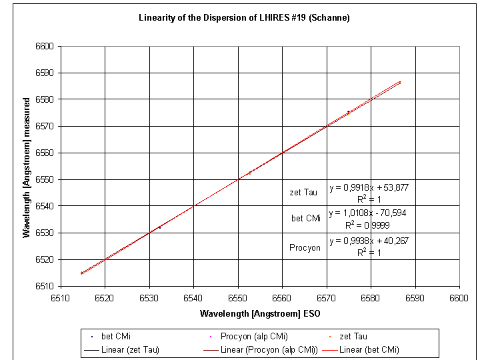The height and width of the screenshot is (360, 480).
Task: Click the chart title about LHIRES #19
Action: [x=244, y=17]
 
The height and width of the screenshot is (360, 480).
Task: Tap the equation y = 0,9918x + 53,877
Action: [x=369, y=187]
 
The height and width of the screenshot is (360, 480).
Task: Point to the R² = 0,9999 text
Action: [x=369, y=225]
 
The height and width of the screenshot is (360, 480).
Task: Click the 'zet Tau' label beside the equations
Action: [x=303, y=193]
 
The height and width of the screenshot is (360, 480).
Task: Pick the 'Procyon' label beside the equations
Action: [x=305, y=247]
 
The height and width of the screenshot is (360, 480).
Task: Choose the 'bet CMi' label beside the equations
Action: [x=306, y=218]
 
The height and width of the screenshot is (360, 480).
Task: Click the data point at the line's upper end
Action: [x=399, y=83]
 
